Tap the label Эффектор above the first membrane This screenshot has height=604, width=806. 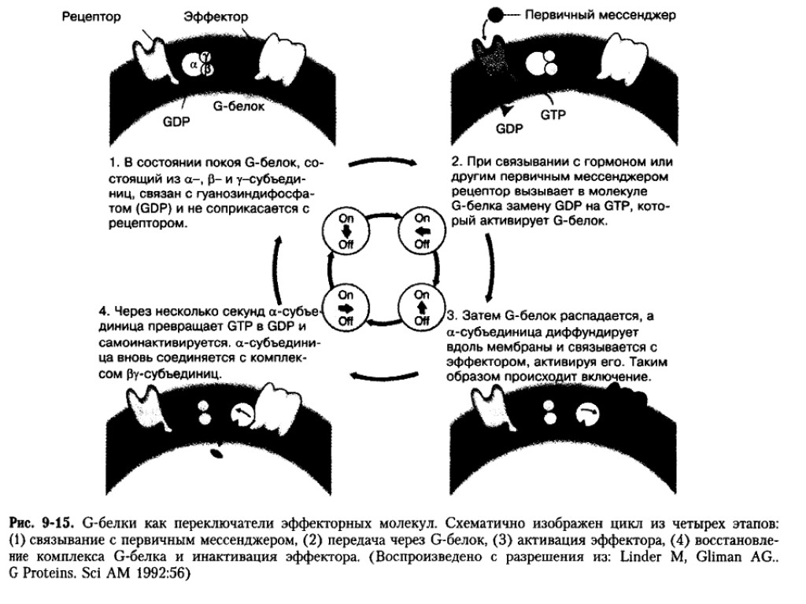[216, 17]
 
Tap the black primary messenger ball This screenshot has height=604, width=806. [496, 15]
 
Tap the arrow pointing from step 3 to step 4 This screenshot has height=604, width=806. [385, 378]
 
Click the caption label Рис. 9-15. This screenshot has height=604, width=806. [40, 523]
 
